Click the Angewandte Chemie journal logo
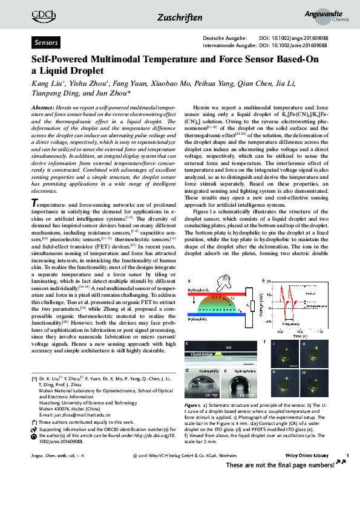click(331, 17)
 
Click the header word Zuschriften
click(180, 18)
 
